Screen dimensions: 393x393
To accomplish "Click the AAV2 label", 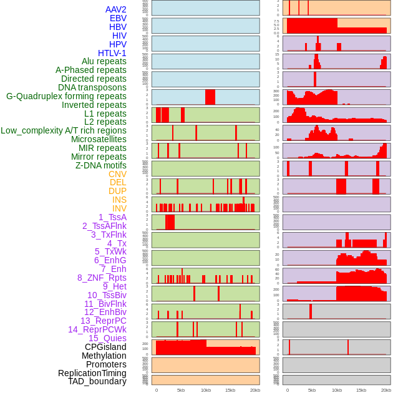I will coord(115,9).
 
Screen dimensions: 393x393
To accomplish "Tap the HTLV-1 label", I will coord(112,53).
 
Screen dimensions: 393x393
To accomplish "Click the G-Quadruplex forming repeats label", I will coord(66,96).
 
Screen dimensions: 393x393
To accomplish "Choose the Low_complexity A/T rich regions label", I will coord(64,130).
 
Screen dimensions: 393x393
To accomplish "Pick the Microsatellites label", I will coord(99,139).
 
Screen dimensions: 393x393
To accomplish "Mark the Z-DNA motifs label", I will coord(101,165).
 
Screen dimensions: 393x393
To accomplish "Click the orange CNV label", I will coord(117,174).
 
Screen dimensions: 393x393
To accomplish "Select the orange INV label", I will coord(119,208).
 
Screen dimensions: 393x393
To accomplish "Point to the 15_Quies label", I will coord(107,338).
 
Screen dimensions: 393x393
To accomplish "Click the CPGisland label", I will coord(105,347).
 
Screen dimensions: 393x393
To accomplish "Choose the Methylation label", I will coord(104,356).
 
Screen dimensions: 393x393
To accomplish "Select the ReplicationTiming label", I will coord(92,373).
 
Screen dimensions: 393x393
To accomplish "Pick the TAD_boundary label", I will coord(97,381).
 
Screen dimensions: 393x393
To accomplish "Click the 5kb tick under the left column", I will coord(181,390).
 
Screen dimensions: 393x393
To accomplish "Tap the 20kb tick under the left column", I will coord(255,390).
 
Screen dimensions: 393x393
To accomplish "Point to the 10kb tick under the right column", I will coord(336,390).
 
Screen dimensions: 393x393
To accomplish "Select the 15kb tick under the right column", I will coord(361,390).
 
